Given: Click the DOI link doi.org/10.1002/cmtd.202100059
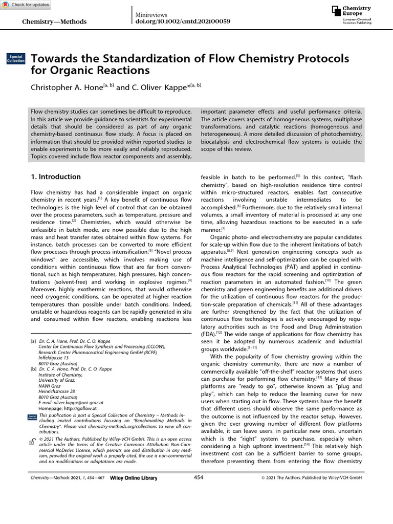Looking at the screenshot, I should pos(182,21).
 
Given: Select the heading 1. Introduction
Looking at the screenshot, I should pos(56,177).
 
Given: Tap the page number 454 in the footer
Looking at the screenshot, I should pos(199,477).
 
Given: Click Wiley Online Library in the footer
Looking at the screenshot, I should pos(134,478).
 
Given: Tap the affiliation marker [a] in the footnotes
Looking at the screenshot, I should pos(33,340).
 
